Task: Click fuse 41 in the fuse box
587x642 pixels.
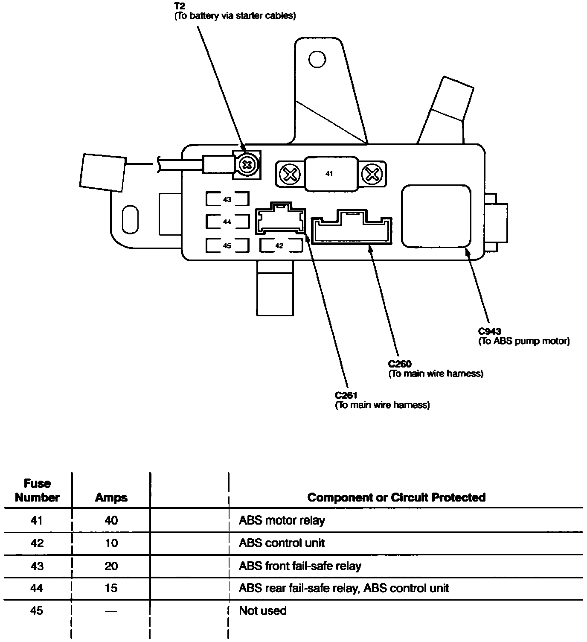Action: pyautogui.click(x=329, y=174)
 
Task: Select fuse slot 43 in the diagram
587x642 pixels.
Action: pyautogui.click(x=227, y=199)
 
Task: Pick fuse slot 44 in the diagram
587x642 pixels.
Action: pyautogui.click(x=227, y=222)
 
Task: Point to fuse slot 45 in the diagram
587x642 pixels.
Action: pyautogui.click(x=227, y=245)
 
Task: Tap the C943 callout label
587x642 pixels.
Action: pyautogui.click(x=490, y=331)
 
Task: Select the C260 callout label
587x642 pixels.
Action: pyautogui.click(x=400, y=364)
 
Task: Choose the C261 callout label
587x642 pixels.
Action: pyautogui.click(x=346, y=395)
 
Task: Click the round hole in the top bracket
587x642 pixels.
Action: pyautogui.click(x=317, y=59)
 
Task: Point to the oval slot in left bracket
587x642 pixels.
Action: pyautogui.click(x=130, y=219)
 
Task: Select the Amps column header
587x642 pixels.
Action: pyautogui.click(x=111, y=498)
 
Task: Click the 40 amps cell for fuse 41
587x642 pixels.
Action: pyautogui.click(x=111, y=520)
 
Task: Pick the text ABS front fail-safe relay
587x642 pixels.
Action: pyautogui.click(x=300, y=566)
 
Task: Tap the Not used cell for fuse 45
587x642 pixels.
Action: pyautogui.click(x=262, y=611)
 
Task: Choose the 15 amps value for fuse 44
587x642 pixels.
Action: pyautogui.click(x=111, y=588)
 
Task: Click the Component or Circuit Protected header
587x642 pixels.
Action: pyautogui.click(x=396, y=497)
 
